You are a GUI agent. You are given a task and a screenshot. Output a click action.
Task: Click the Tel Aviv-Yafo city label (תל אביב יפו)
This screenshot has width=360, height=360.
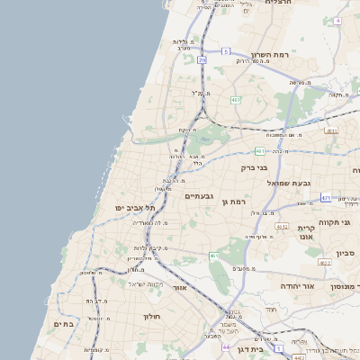pyautogui.click(x=130, y=208)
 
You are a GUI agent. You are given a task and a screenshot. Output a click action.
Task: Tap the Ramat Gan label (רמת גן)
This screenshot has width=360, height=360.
pyautogui.click(x=233, y=202)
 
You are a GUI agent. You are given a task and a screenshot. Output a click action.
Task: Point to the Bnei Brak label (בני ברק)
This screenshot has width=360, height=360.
pyautogui.click(x=255, y=167)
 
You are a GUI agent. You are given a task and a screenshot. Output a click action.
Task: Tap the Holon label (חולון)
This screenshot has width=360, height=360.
pyautogui.click(x=150, y=317)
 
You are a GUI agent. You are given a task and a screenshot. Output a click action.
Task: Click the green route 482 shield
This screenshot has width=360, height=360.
pyautogui.click(x=235, y=100)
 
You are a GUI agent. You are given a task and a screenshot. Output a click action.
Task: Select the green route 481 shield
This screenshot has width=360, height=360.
pyautogui.click(x=260, y=151)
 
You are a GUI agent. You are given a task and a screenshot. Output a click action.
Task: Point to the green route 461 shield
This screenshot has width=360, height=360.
pyautogui.click(x=214, y=256)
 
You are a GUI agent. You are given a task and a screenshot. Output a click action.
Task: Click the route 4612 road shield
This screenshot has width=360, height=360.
pyautogui.click(x=282, y=227)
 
